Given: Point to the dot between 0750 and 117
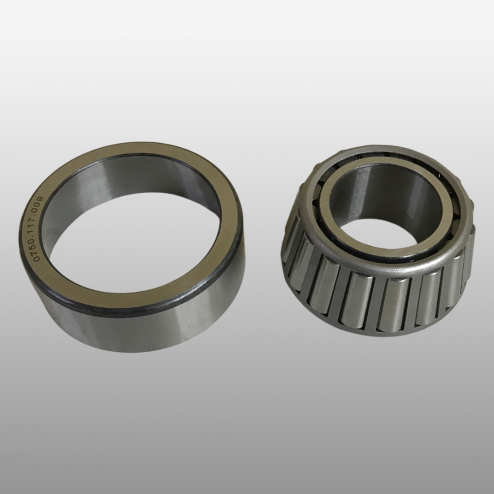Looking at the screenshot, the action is [x=39, y=237].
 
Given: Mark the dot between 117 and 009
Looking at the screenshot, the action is [x=40, y=215].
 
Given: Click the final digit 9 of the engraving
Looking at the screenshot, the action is [x=41, y=199].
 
